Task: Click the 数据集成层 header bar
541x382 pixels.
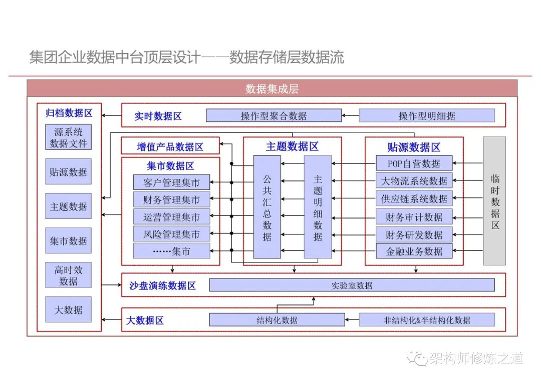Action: click(272, 88)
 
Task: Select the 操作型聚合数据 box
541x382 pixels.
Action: click(274, 116)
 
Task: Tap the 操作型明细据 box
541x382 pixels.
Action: click(426, 116)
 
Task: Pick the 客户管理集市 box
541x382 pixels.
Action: click(172, 182)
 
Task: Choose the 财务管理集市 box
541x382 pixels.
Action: click(172, 200)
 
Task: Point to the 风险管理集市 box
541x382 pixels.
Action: click(172, 234)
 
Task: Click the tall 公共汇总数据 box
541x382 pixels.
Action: click(267, 207)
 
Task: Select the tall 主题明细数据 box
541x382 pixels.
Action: click(318, 207)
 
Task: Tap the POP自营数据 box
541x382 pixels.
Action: click(414, 163)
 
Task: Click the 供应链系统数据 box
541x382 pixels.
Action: click(414, 198)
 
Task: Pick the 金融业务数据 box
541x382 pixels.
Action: click(414, 251)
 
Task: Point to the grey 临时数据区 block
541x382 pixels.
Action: click(494, 201)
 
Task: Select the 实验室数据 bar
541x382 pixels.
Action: click(352, 285)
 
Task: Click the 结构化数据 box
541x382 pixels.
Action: click(277, 320)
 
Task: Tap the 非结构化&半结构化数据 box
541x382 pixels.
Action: click(427, 320)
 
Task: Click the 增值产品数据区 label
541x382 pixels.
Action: click(170, 146)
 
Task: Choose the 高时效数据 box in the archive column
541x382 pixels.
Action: click(69, 275)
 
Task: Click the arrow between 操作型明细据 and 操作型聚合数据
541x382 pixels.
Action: click(350, 116)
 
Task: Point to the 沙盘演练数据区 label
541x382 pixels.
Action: click(162, 285)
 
